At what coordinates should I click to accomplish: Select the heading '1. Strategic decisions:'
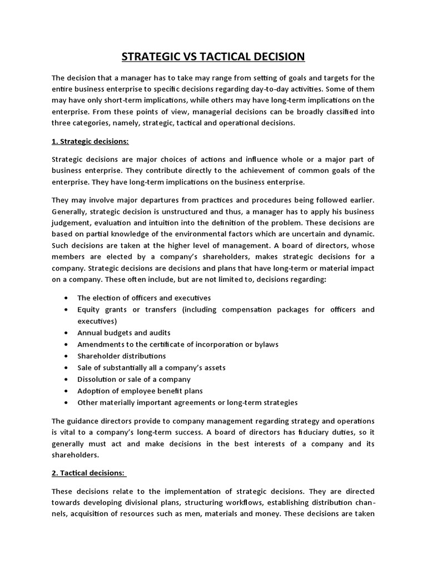pyautogui.click(x=90, y=142)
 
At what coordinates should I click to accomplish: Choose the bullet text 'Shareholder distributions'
pyautogui.click(x=121, y=356)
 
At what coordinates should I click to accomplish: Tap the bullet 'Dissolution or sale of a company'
pyautogui.click(x=133, y=379)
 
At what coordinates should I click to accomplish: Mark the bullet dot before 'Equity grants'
pyautogui.click(x=67, y=310)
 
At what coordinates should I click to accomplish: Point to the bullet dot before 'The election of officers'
pyautogui.click(x=67, y=298)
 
